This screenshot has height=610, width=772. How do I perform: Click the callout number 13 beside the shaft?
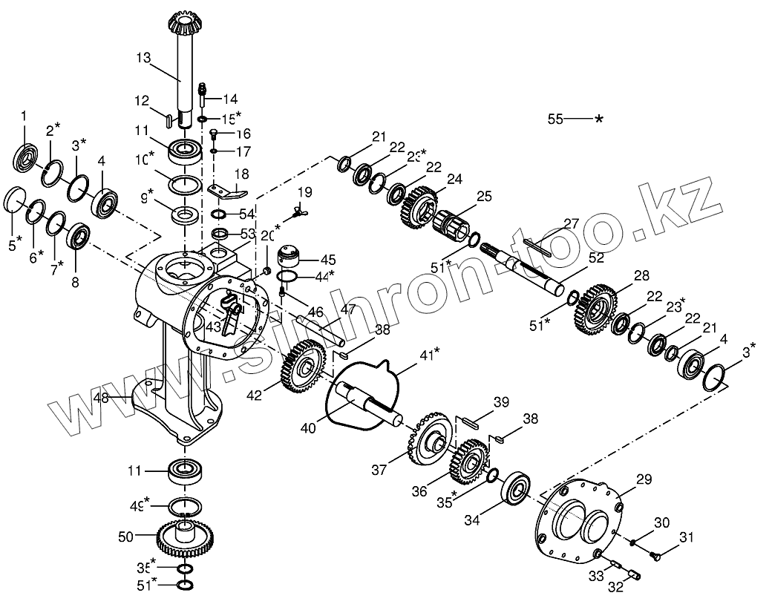(x=143, y=56)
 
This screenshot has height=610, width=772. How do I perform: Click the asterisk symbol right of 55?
(x=599, y=119)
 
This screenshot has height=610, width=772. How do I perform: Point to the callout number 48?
(x=101, y=398)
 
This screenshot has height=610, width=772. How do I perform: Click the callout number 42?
(x=254, y=396)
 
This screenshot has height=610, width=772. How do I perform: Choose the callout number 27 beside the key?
(x=571, y=223)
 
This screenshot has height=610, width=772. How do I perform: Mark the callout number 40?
(x=307, y=427)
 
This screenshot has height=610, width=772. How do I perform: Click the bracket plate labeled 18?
(x=227, y=192)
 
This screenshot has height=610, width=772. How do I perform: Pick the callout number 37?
(x=379, y=470)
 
